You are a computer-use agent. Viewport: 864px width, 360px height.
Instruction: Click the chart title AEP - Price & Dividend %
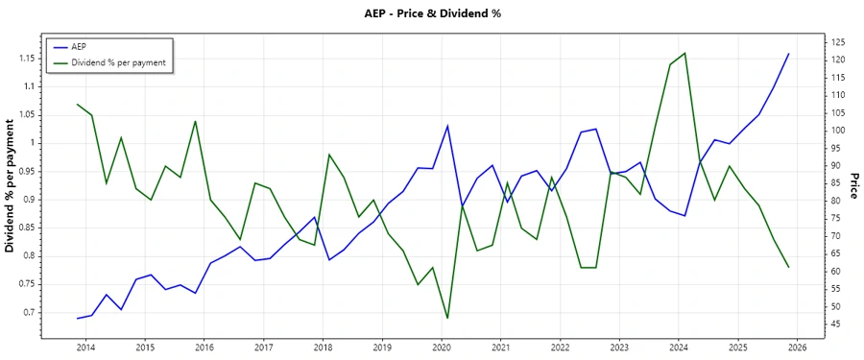tap(433, 13)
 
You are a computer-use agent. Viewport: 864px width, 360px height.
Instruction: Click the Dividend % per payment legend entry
tap(118, 62)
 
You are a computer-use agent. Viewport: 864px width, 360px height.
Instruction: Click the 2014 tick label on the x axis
tap(85, 347)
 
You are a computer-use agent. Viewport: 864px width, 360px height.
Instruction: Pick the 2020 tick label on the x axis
tap(442, 347)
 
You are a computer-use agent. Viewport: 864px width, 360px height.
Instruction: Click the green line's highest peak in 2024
tap(684, 53)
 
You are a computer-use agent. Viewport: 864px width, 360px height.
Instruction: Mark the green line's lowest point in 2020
tap(447, 318)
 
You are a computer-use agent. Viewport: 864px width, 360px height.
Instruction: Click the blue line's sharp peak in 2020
tap(447, 126)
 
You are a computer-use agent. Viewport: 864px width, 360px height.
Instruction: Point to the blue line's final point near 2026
tap(788, 54)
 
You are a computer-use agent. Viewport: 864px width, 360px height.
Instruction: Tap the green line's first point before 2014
tap(77, 104)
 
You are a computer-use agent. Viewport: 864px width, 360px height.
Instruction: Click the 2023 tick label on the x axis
tap(619, 347)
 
